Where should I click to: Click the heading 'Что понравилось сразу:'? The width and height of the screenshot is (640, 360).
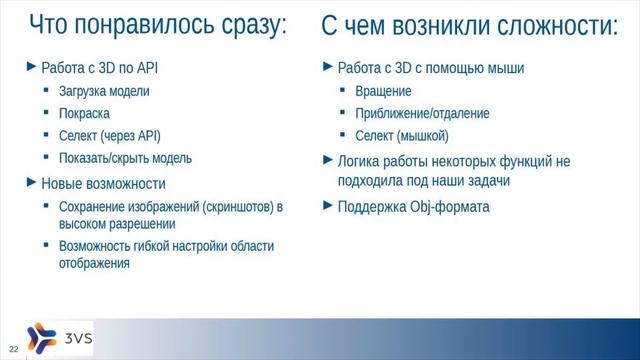click(157, 26)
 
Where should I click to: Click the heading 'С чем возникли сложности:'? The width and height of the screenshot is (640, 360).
click(469, 26)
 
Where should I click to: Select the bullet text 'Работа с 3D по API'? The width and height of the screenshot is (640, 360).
click(99, 69)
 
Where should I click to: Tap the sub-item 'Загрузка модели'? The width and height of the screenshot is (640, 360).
click(104, 92)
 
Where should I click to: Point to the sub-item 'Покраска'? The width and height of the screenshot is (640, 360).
click(84, 114)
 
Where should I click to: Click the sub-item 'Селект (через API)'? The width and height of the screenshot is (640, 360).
click(109, 136)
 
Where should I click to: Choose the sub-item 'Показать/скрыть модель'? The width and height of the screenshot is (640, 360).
click(125, 158)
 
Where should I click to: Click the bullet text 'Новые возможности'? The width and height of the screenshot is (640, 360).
click(103, 184)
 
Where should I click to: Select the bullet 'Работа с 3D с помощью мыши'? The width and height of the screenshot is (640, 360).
click(431, 69)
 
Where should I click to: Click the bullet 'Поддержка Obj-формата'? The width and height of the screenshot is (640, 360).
click(414, 207)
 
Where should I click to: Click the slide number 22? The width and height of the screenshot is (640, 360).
click(14, 347)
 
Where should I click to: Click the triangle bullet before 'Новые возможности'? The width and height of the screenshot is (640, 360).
click(30, 183)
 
